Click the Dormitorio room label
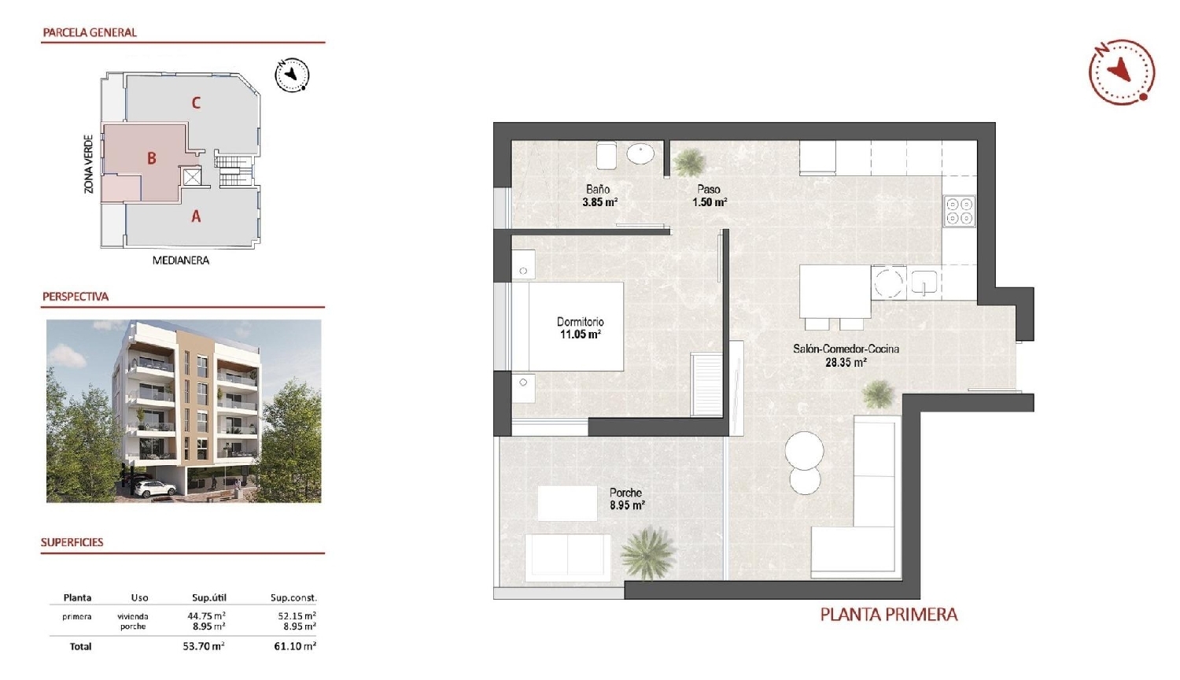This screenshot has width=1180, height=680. coord(580,322)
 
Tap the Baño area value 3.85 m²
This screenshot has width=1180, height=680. coord(599,202)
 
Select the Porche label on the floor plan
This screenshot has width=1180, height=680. coord(625,493)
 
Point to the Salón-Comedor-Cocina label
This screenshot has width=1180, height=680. coord(846,349)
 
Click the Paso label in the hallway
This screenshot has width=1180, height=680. coord(708,189)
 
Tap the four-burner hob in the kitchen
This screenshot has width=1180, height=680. coord(959,210)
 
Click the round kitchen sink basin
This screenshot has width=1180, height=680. coord(890,283)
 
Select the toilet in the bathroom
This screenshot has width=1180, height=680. coord(606,155)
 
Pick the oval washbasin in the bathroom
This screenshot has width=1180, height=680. coord(640,154)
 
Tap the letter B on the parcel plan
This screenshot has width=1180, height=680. coord(152,158)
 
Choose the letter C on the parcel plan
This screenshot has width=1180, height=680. coord(196,102)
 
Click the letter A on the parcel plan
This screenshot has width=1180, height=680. coord(196,216)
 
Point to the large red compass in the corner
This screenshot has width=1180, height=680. coord(1121,72)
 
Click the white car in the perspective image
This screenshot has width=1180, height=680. coord(155,489)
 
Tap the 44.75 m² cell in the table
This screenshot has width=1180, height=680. coord(208,616)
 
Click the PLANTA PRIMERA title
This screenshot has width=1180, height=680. coord(888,615)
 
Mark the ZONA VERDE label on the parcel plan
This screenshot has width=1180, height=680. coord(89,164)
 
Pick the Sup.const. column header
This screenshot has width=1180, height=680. coord(293,598)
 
